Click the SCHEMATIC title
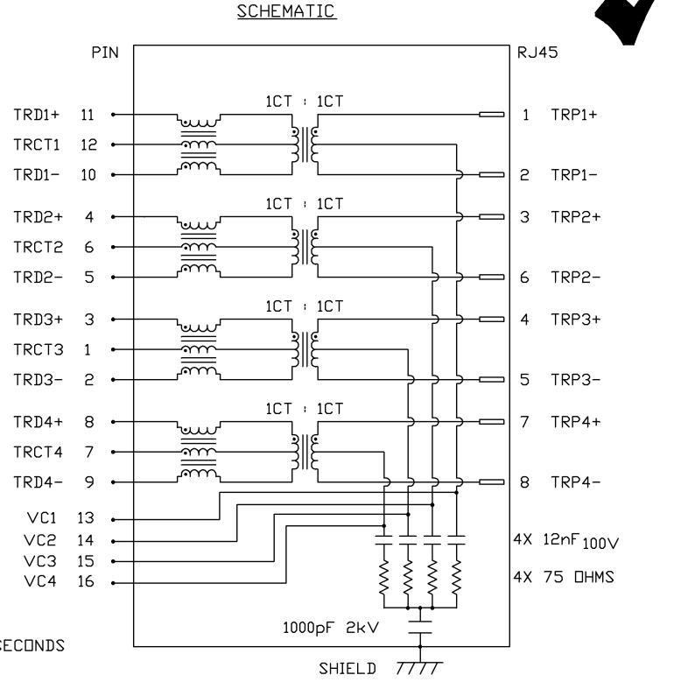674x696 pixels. [x=286, y=11]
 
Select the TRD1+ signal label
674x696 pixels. [x=37, y=115]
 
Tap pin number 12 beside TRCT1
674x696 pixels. [x=88, y=144]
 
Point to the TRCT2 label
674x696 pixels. [x=39, y=247]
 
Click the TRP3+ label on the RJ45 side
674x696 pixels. [x=575, y=320]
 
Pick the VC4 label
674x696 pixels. [x=40, y=581]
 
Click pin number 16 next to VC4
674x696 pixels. [x=86, y=581]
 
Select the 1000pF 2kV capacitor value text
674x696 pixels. [x=331, y=628]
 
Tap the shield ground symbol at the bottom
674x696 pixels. [x=419, y=668]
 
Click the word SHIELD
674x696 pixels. [x=348, y=669]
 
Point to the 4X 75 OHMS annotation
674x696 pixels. [x=564, y=577]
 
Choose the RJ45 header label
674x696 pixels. [x=537, y=53]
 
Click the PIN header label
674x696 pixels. [x=105, y=53]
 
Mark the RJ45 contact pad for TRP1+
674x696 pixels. [x=492, y=115]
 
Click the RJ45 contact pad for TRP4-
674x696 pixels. [x=492, y=482]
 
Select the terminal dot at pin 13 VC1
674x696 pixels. [x=113, y=520]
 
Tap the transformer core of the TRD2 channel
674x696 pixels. [x=305, y=247]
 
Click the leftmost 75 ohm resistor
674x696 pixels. [x=383, y=577]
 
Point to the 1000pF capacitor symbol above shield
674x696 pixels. [x=420, y=627]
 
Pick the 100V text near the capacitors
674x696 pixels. [x=600, y=543]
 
